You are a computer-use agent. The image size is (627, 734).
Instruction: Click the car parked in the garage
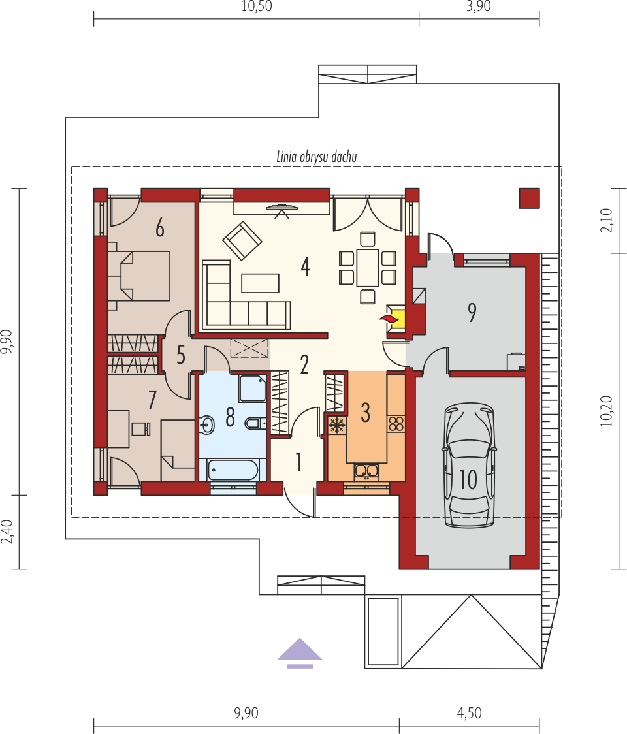coord(469,466)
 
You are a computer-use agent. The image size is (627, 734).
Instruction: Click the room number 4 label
coord(305,266)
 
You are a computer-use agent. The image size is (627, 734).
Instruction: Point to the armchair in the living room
coord(242,240)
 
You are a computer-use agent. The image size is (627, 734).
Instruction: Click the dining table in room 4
coord(368,268)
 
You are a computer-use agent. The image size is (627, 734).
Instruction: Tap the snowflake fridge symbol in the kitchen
coord(336,425)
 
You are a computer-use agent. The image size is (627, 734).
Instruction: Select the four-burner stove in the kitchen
coord(396,424)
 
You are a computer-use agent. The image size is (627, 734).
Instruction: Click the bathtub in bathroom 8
coord(233,470)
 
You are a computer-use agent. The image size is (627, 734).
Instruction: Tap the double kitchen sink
coord(366,471)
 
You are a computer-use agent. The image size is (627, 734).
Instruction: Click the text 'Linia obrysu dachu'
coord(317,157)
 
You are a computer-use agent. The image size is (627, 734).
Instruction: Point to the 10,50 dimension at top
coord(256,7)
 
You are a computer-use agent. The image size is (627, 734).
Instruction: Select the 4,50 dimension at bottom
coord(469,713)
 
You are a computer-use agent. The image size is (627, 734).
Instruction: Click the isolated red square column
coord(529,198)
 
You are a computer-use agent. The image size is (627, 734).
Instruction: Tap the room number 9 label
coord(472,313)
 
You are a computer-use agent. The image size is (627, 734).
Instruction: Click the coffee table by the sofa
coord(261,283)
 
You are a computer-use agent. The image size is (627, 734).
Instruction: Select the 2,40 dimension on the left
coord(7,532)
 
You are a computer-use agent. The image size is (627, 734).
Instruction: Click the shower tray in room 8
coord(252,388)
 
